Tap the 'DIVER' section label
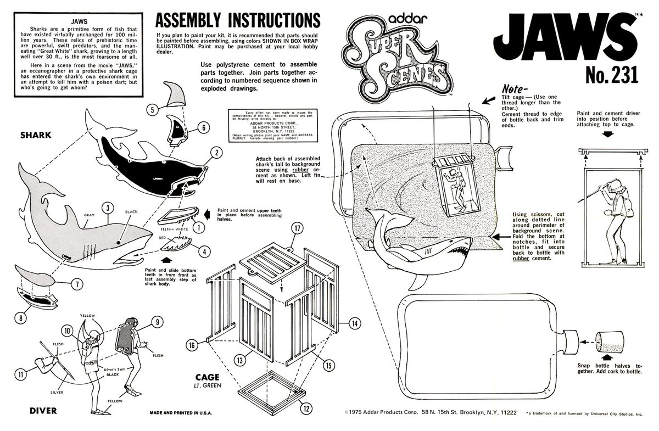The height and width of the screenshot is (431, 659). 27,410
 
